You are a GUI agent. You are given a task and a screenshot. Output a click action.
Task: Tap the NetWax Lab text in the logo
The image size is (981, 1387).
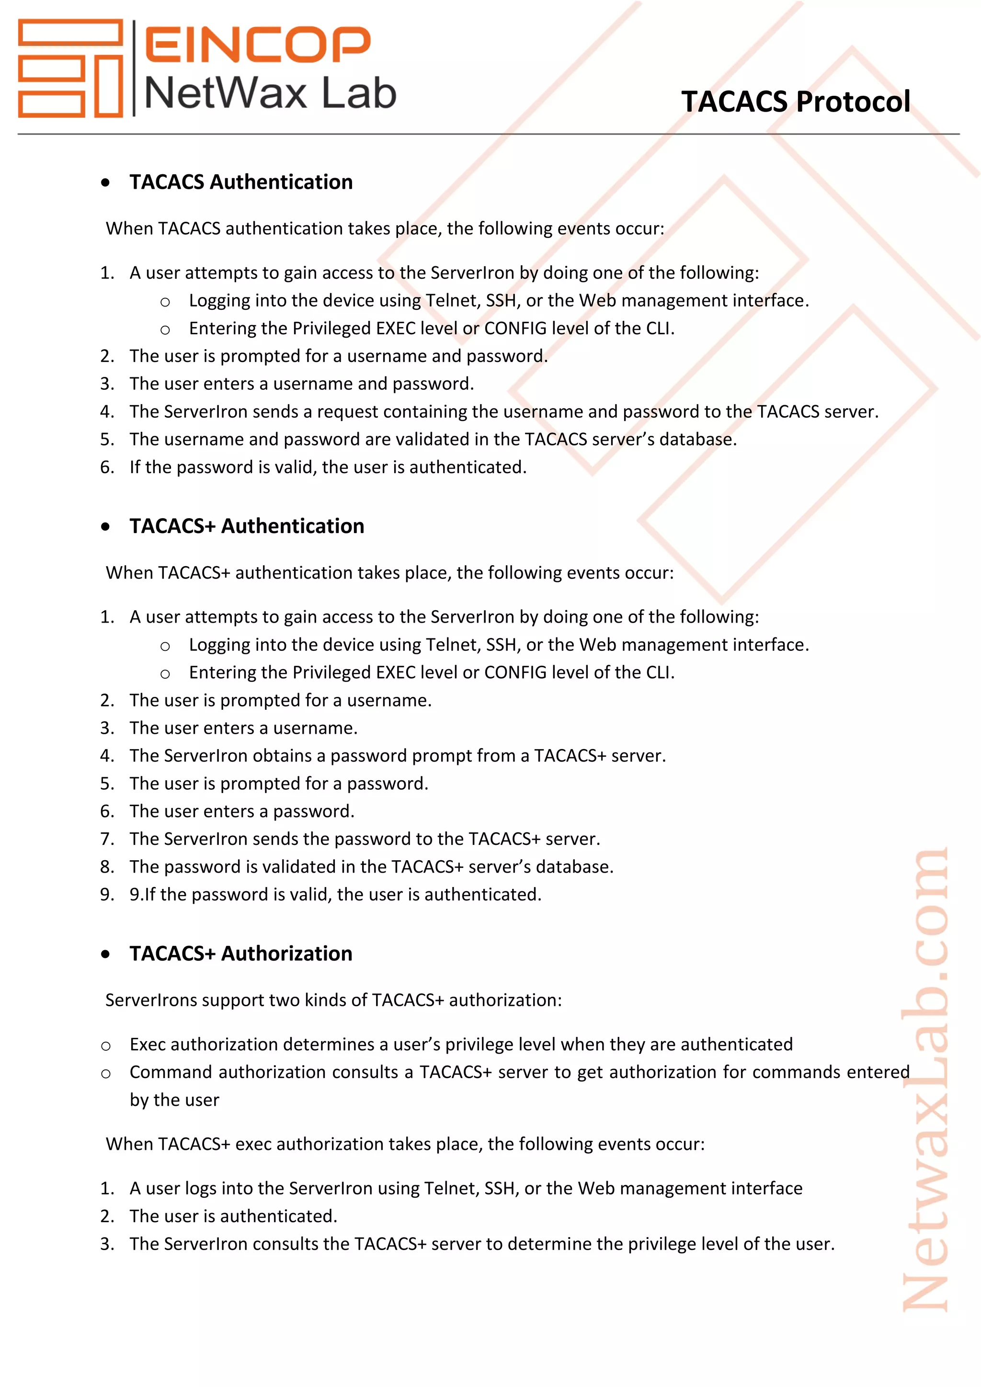pos(270,94)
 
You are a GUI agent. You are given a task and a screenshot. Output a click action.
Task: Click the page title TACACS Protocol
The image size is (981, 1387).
pos(796,102)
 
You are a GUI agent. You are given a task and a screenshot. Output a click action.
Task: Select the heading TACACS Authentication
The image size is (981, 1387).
pos(241,182)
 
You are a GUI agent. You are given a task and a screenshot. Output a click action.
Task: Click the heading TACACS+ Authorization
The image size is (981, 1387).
pos(241,953)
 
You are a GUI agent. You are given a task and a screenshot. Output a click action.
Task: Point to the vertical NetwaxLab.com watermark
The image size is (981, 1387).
pos(925,1081)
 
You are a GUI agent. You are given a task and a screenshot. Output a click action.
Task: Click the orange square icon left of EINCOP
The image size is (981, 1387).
pos(70,68)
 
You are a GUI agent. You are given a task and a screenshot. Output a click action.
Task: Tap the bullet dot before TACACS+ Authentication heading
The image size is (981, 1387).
pos(106,527)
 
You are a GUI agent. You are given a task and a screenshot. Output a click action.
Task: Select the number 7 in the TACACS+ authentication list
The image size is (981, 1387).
pos(106,839)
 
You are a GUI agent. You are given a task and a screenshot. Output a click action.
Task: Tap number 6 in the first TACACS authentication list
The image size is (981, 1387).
pos(106,467)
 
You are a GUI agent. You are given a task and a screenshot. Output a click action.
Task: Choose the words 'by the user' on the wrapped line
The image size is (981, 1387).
pos(174,1100)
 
